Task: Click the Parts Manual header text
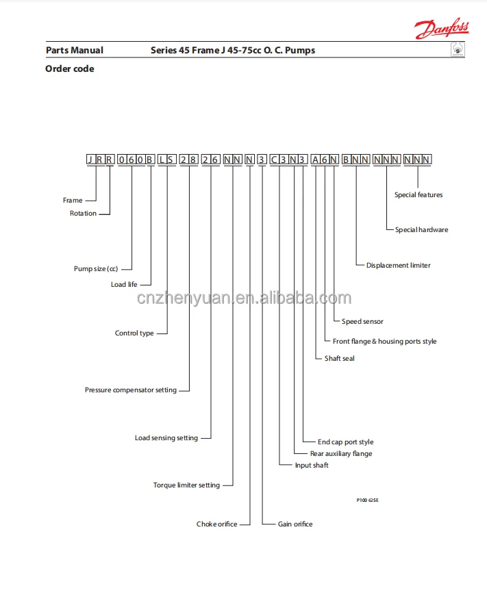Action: (75, 50)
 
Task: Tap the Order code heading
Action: (70, 68)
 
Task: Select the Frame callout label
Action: (73, 201)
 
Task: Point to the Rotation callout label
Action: (84, 214)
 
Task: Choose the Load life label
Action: (124, 284)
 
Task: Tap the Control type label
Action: (134, 333)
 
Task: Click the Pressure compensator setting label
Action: (131, 390)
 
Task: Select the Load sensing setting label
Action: (166, 438)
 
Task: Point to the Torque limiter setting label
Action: (186, 485)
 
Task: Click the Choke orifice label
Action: (217, 524)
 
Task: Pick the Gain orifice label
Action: (295, 524)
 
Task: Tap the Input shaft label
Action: (312, 466)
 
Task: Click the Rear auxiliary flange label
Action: (341, 453)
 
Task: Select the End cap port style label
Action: (346, 442)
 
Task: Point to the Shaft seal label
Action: (340, 359)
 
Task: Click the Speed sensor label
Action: (362, 322)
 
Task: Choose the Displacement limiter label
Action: (399, 266)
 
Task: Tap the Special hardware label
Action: (421, 230)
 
